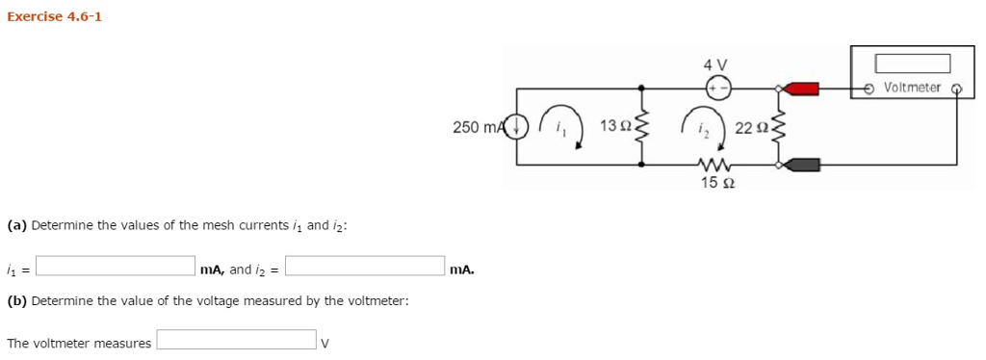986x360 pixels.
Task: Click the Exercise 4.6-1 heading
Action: (x=54, y=17)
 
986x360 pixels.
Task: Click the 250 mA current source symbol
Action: (x=518, y=126)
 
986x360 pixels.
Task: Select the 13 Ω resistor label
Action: (x=614, y=126)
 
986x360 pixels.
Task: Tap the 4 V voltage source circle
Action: (x=719, y=89)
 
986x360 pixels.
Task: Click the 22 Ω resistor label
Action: (x=749, y=128)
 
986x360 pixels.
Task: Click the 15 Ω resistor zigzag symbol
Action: (x=717, y=164)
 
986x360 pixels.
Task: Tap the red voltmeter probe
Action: (x=803, y=89)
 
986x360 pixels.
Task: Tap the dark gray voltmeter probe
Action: (x=803, y=164)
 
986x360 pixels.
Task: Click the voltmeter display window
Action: (x=912, y=64)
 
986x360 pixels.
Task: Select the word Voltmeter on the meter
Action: (x=912, y=88)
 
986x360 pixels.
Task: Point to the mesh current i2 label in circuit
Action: (x=703, y=128)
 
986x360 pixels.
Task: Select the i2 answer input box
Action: (x=365, y=266)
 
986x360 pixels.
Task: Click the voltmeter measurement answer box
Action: (x=237, y=340)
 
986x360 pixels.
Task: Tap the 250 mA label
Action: (x=478, y=127)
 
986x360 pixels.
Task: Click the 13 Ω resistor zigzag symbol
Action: (x=642, y=126)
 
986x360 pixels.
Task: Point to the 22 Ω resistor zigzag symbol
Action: (x=779, y=126)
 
